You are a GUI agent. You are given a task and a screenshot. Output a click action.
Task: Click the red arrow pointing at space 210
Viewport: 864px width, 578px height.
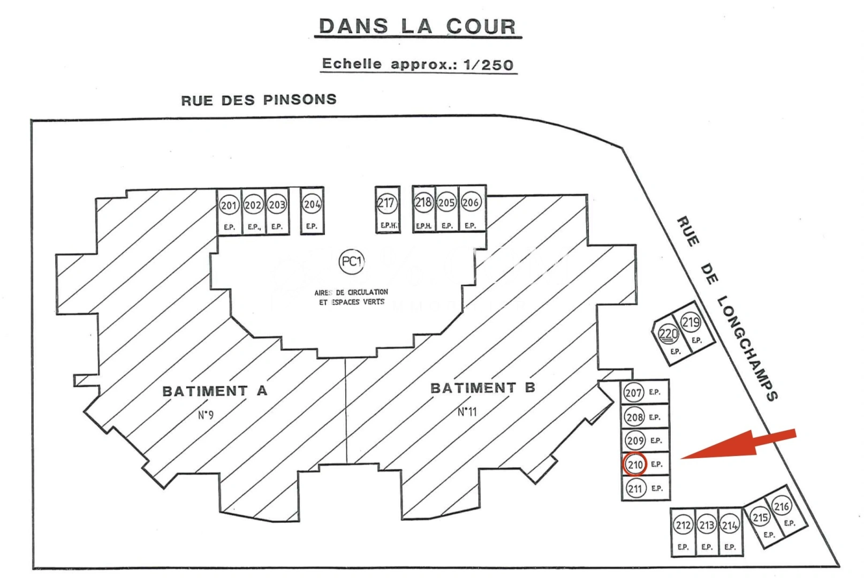pyautogui.click(x=738, y=445)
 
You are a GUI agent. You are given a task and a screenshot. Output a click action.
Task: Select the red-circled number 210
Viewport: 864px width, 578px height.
pyautogui.click(x=635, y=465)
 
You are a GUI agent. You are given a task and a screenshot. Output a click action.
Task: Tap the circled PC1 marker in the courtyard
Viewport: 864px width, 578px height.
pyautogui.click(x=351, y=262)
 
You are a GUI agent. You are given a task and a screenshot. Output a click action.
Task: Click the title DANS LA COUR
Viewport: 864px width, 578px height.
pyautogui.click(x=418, y=26)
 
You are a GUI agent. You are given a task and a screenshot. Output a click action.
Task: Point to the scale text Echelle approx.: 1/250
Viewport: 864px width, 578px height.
pyautogui.click(x=418, y=64)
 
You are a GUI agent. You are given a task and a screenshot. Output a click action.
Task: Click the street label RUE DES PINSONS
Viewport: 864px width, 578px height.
pyautogui.click(x=259, y=100)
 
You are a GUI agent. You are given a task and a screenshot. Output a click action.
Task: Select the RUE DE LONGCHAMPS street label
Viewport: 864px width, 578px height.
pyautogui.click(x=727, y=308)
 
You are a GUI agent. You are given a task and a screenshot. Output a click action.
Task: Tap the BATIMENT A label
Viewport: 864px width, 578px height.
pyautogui.click(x=215, y=391)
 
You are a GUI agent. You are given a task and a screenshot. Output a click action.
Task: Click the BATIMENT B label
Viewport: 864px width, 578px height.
pyautogui.click(x=483, y=388)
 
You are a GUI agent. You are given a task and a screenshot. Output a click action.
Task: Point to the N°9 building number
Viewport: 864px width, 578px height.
pyautogui.click(x=206, y=415)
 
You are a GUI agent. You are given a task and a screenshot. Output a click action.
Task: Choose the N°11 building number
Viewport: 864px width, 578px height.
pyautogui.click(x=467, y=412)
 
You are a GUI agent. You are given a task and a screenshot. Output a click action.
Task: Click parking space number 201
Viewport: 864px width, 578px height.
pyautogui.click(x=229, y=205)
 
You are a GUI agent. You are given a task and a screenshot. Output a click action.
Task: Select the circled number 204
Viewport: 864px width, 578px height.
pyautogui.click(x=312, y=204)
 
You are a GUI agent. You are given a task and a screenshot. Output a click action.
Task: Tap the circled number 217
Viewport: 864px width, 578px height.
pyautogui.click(x=387, y=203)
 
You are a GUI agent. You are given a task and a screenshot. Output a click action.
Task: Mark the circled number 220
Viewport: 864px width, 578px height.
pyautogui.click(x=668, y=334)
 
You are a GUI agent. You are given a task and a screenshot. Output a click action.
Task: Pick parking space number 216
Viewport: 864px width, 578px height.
pyautogui.click(x=782, y=506)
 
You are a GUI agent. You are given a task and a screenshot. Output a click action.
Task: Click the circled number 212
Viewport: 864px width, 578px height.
pyautogui.click(x=683, y=525)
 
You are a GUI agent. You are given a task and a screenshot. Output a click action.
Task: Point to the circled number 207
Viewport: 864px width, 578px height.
pyautogui.click(x=633, y=392)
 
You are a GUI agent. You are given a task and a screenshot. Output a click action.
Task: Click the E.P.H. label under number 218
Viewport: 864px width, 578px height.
pyautogui.click(x=423, y=226)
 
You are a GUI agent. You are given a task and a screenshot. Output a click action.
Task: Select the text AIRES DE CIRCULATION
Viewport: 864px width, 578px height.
pyautogui.click(x=351, y=293)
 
